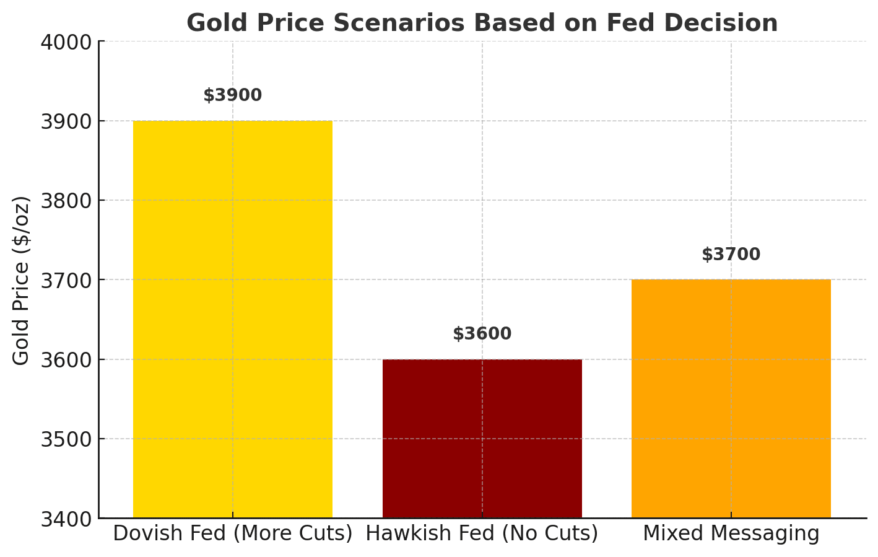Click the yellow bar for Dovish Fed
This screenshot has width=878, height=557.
(233, 319)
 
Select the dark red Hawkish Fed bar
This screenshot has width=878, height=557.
(482, 438)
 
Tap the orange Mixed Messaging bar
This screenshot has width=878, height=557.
(731, 398)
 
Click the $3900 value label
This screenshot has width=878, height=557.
(233, 95)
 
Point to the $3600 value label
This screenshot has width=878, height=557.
(482, 334)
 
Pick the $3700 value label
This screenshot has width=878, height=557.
(731, 255)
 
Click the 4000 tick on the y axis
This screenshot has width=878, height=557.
(65, 42)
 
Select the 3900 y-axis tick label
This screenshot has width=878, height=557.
(65, 121)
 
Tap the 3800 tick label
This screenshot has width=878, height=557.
(65, 201)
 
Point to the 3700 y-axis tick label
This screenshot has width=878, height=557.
(65, 280)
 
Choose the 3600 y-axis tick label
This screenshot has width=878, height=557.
(65, 359)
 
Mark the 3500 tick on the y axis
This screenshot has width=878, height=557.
(65, 439)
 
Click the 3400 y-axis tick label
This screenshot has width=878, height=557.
(65, 518)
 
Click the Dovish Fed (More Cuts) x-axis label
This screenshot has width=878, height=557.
(233, 533)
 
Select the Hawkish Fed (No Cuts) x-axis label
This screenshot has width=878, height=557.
(482, 533)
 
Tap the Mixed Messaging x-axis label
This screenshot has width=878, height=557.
(731, 533)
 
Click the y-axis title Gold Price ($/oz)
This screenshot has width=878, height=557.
(22, 280)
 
